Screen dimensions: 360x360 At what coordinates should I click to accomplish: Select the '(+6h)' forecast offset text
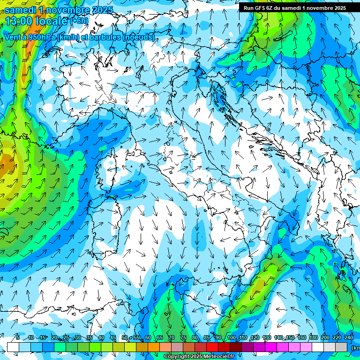click(79, 21)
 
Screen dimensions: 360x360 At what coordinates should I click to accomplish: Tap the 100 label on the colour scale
click(232, 337)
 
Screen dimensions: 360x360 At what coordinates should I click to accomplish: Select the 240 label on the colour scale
click(348, 337)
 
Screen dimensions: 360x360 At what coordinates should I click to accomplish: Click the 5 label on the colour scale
click(18, 337)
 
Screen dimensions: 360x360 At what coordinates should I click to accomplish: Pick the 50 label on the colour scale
click(125, 337)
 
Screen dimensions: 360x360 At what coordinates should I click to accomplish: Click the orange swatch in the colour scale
click(154, 347)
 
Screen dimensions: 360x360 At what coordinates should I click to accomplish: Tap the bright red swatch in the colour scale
click(212, 347)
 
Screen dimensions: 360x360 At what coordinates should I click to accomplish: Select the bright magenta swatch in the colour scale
click(271, 347)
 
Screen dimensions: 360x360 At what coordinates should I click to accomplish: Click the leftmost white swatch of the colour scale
click(13, 347)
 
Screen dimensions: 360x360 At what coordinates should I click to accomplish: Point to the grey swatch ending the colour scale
click(341, 347)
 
